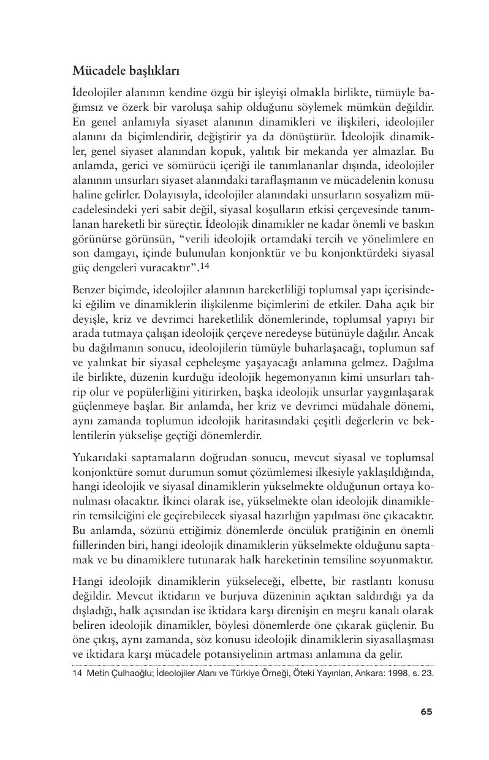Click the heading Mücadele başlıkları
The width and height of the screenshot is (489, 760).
point(126,70)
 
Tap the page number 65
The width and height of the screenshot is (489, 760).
point(426,711)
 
